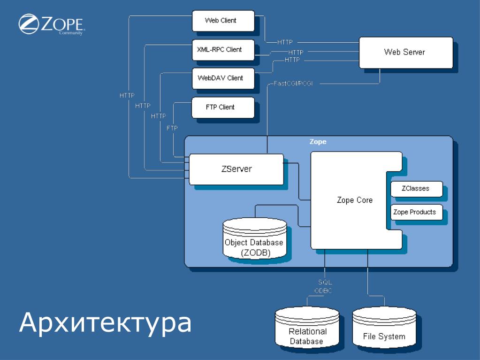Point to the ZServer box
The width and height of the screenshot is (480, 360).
pyautogui.click(x=236, y=169)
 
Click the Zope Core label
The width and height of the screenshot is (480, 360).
pyautogui.click(x=355, y=200)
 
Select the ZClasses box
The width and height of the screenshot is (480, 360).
pyautogui.click(x=416, y=189)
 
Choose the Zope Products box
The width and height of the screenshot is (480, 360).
pyautogui.click(x=416, y=212)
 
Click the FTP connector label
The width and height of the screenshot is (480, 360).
pyautogui.click(x=172, y=128)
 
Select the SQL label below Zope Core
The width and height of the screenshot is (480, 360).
pyautogui.click(x=325, y=283)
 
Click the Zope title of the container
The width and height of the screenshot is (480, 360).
pyautogui.click(x=318, y=142)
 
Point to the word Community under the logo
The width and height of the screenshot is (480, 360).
pyautogui.click(x=71, y=33)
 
